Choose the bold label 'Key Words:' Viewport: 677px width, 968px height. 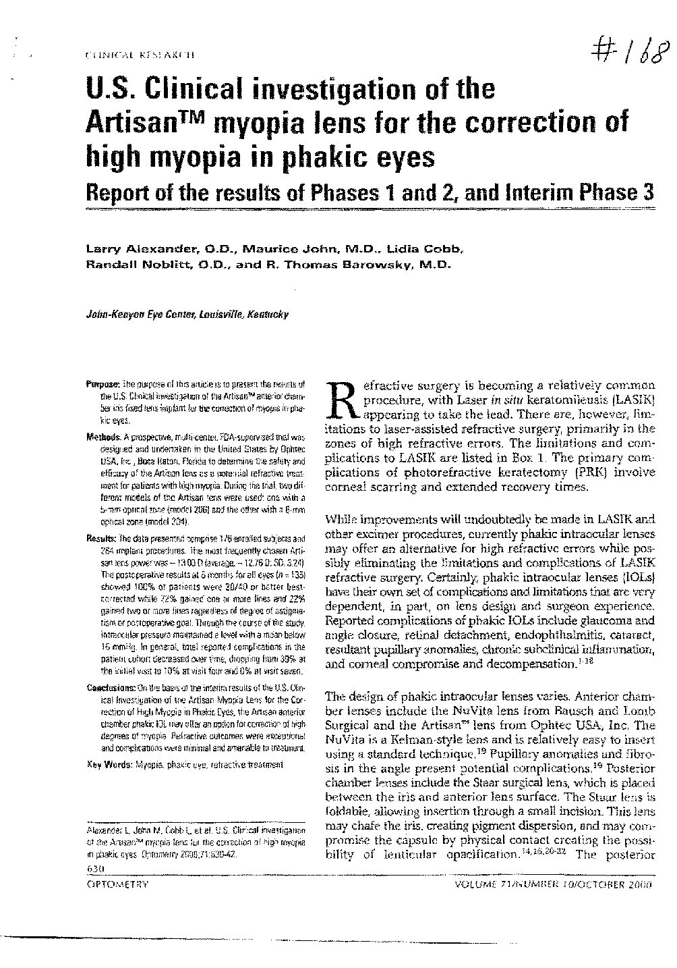(x=111, y=764)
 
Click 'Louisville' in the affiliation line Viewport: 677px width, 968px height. (x=223, y=314)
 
